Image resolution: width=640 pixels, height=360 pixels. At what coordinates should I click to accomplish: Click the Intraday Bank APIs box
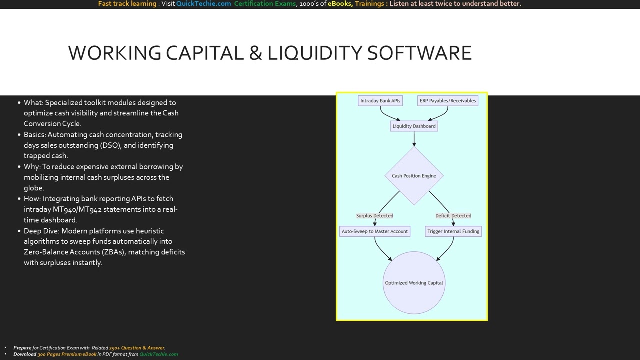[x=380, y=101]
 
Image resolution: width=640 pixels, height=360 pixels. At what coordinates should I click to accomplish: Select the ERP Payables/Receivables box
[x=448, y=101]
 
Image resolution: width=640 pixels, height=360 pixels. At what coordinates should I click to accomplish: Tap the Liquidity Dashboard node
[x=414, y=126]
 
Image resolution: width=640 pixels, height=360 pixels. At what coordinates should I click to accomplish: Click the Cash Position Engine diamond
[x=414, y=176]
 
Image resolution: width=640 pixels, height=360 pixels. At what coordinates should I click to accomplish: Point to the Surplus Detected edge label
[x=375, y=216]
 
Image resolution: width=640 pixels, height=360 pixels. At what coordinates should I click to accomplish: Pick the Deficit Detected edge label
[x=453, y=216]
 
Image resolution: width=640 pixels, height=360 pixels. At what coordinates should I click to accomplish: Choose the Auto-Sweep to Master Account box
[x=375, y=231]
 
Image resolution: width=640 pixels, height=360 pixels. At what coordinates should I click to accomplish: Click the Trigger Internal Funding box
[x=453, y=231]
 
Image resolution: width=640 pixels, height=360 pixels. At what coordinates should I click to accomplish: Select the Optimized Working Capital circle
[x=414, y=283]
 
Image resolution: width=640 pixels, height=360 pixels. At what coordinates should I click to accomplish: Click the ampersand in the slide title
[x=255, y=53]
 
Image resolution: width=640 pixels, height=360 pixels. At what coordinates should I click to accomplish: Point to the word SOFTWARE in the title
[x=419, y=53]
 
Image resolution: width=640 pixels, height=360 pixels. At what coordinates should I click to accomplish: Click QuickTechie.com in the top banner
[x=203, y=4]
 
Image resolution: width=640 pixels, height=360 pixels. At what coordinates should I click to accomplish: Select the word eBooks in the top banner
[x=340, y=4]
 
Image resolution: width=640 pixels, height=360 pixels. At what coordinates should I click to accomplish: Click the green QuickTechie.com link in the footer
[x=158, y=354]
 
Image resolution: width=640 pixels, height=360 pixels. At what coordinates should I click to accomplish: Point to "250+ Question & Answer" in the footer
[x=137, y=348]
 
